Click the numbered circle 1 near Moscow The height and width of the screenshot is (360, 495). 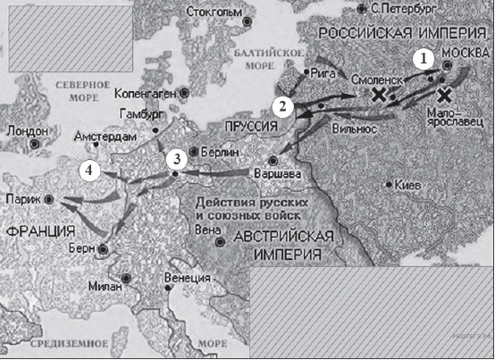[424, 58]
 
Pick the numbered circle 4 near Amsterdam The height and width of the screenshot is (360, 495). [88, 169]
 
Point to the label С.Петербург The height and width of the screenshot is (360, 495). [400, 8]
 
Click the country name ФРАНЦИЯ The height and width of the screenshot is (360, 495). [40, 230]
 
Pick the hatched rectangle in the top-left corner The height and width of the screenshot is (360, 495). [68, 37]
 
